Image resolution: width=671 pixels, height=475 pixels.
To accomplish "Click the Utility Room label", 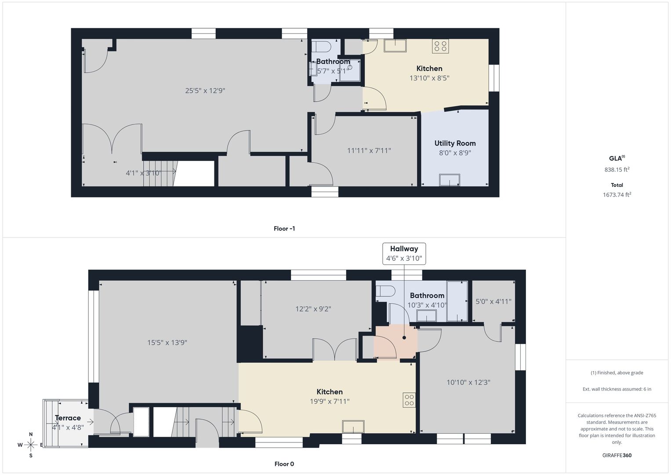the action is click(x=455, y=143).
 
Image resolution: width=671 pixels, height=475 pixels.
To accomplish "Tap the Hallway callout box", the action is click(x=404, y=254).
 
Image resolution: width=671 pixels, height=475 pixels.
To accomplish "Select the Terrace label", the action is click(x=68, y=418).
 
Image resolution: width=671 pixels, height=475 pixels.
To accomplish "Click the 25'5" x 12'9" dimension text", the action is click(x=205, y=91).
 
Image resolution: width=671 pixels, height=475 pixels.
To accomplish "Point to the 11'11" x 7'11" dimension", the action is click(x=369, y=150).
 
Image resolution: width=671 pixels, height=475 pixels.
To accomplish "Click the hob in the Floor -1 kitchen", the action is click(x=440, y=46).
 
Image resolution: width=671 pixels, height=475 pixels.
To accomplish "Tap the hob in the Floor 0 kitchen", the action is click(x=409, y=400).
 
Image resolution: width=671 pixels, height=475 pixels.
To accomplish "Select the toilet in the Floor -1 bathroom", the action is click(x=321, y=47).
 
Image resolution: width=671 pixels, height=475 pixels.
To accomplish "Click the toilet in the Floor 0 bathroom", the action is click(x=385, y=291).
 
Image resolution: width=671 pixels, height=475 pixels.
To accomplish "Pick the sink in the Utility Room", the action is click(x=450, y=180).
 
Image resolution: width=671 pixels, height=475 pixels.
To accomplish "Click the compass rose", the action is click(x=31, y=445).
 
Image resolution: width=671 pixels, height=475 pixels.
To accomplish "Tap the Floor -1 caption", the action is click(x=284, y=229).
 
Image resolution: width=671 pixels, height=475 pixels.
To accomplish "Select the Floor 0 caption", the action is click(x=284, y=464).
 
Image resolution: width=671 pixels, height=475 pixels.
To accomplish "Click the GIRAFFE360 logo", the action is click(x=617, y=455).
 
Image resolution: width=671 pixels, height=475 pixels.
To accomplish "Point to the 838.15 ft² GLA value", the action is click(x=617, y=169).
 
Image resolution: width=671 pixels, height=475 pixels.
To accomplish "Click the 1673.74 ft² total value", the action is click(x=617, y=194).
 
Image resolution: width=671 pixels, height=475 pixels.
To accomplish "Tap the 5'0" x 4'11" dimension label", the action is click(x=493, y=301).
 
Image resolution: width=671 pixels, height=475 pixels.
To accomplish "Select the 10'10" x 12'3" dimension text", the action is click(x=468, y=382).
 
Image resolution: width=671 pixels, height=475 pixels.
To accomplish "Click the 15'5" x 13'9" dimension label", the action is click(x=167, y=343).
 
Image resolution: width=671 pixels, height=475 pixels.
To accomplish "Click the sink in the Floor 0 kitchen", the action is click(x=353, y=427).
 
